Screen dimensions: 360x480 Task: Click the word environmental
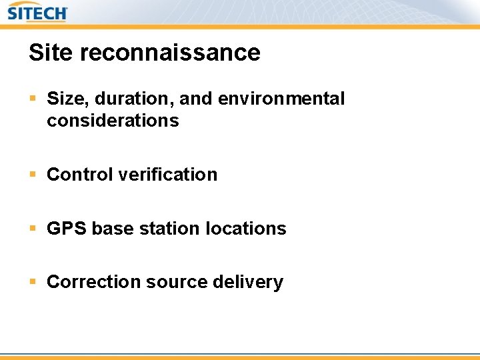(281, 99)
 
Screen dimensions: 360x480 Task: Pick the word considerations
(113, 121)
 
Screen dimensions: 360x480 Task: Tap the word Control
(80, 175)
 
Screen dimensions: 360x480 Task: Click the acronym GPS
(67, 229)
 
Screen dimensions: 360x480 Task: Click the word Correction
(93, 282)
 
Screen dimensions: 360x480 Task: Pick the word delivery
(248, 282)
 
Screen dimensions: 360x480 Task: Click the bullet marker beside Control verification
(33, 175)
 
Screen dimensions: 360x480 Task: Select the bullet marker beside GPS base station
(33, 229)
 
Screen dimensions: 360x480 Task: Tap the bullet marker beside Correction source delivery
(33, 282)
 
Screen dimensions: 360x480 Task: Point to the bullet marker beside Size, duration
(33, 99)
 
